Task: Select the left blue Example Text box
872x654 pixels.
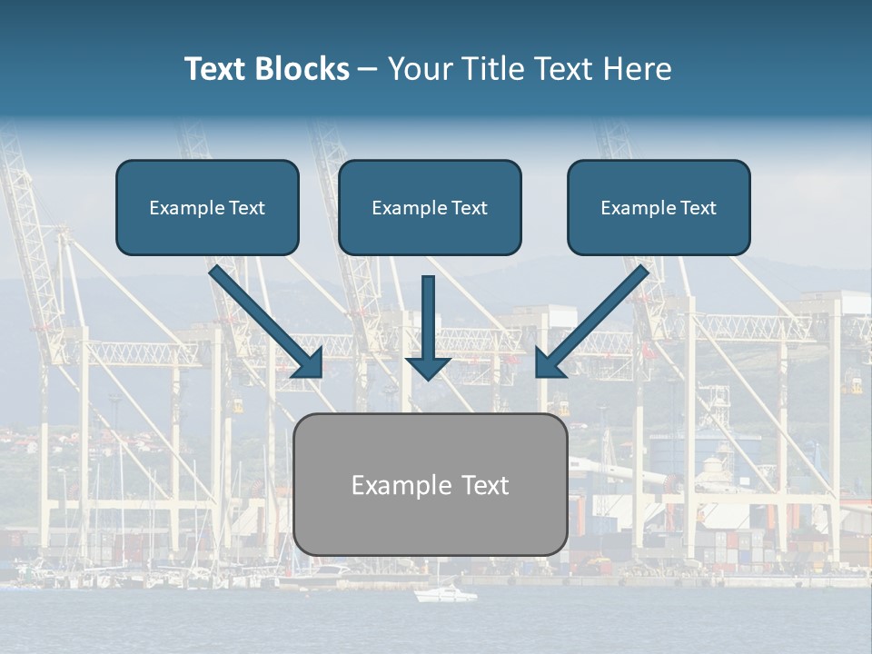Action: (x=207, y=208)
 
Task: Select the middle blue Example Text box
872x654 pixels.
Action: (x=430, y=208)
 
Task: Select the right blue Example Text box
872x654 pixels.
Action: (x=659, y=208)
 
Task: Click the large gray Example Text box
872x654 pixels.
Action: (x=430, y=485)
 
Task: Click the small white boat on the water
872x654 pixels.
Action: (x=445, y=594)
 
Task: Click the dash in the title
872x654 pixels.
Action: (x=368, y=70)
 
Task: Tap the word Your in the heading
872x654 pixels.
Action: (x=418, y=69)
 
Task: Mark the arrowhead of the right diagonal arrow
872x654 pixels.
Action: (x=548, y=364)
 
